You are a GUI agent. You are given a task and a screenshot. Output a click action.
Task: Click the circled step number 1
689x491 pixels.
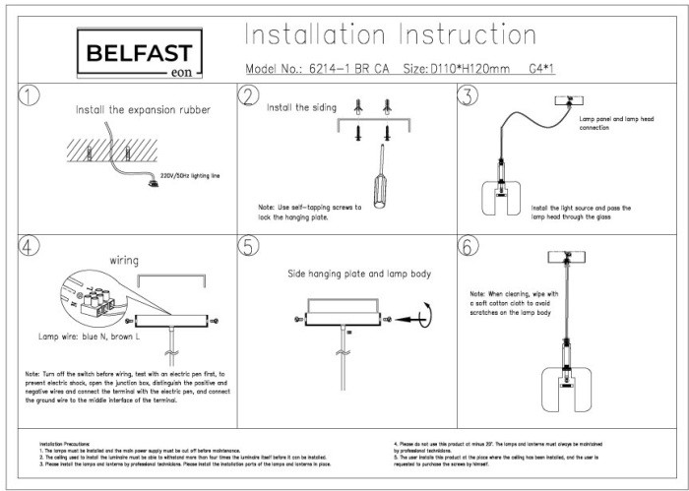tap(31, 95)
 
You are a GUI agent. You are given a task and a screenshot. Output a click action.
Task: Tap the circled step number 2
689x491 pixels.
tap(248, 95)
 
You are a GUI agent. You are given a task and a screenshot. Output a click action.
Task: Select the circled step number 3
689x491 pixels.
tap(467, 95)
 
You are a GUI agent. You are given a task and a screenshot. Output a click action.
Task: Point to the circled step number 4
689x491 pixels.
tap(31, 245)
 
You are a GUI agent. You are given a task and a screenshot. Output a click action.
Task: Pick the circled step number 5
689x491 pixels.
tap(248, 246)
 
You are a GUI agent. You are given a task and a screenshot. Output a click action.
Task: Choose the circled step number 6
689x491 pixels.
tap(467, 246)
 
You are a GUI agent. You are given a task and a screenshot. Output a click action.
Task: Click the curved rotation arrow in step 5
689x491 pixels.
tap(423, 316)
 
